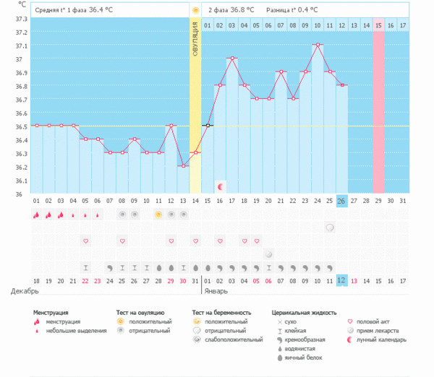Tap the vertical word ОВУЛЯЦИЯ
click(195, 43)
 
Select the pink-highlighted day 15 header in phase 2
click(378, 26)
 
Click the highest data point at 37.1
click(318, 45)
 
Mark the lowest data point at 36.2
click(183, 166)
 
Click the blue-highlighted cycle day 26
click(341, 200)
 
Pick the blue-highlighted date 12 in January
click(341, 280)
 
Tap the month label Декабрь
click(26, 291)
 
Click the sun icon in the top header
click(195, 10)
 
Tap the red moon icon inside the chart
click(220, 186)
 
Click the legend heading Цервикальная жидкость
click(304, 313)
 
